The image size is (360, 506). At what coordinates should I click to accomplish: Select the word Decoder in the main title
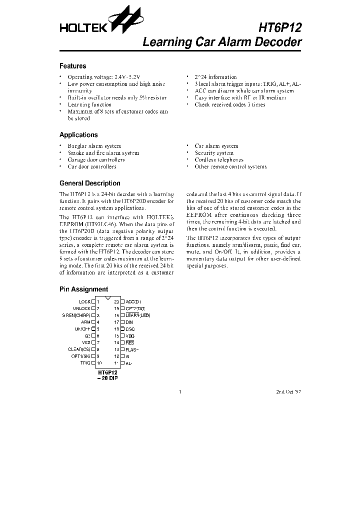(x=277, y=42)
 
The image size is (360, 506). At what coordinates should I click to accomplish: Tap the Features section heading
(x=72, y=66)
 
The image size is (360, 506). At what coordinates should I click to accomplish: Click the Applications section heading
(x=78, y=135)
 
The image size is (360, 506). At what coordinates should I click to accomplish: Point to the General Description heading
(x=89, y=183)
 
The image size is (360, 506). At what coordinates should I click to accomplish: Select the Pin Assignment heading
(x=83, y=289)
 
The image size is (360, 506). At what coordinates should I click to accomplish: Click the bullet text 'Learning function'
(x=89, y=105)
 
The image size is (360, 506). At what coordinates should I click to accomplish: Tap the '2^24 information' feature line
(x=215, y=77)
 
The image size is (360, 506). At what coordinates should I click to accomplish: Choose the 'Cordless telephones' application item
(x=219, y=160)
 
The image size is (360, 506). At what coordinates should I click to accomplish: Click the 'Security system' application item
(x=214, y=153)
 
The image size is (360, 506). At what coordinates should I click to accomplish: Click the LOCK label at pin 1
(x=84, y=302)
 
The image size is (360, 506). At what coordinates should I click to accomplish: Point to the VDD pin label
(x=130, y=336)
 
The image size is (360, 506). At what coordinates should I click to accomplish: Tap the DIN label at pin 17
(x=129, y=322)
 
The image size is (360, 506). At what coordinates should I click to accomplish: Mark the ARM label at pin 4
(x=85, y=322)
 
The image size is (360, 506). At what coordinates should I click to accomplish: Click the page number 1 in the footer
(x=179, y=392)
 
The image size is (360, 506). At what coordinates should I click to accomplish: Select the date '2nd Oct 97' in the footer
(x=288, y=392)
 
